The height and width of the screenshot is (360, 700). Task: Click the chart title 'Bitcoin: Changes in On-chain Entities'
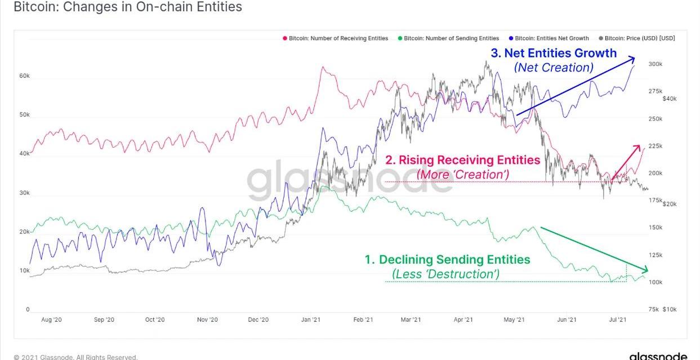(128, 7)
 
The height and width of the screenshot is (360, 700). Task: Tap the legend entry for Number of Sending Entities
(448, 38)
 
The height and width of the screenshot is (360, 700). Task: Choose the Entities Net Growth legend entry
(549, 38)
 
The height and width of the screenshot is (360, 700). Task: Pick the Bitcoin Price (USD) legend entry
(637, 38)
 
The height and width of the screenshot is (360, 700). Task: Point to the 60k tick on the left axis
(24, 75)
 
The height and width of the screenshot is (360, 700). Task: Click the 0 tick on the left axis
(28, 309)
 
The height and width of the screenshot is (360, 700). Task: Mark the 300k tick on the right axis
(656, 64)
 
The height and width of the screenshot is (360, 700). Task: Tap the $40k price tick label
(670, 99)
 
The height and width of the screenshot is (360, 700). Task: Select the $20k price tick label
(670, 204)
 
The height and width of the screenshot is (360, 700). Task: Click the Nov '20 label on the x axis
(207, 319)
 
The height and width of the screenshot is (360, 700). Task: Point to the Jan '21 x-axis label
(311, 319)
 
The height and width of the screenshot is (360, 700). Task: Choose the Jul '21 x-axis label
(618, 319)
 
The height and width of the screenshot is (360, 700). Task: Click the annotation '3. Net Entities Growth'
(554, 53)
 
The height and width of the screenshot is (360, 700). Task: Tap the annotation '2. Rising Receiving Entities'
(462, 160)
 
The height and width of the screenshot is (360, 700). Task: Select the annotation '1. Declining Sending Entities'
(448, 260)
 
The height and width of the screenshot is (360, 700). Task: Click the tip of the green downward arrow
(648, 270)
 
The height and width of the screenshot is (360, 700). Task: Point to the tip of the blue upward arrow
(634, 58)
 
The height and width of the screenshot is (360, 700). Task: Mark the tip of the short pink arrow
(640, 145)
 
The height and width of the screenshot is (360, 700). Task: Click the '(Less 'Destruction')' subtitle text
(445, 274)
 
